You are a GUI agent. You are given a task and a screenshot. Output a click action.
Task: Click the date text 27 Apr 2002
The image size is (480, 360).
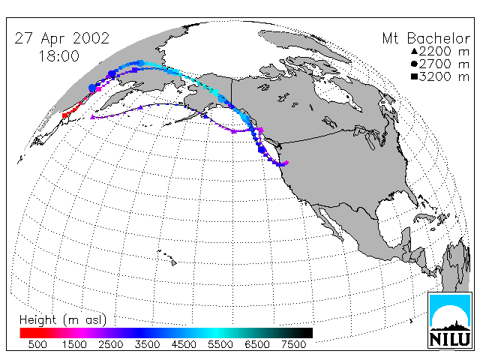[61, 38]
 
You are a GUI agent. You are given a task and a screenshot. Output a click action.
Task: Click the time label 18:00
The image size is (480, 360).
[58, 56]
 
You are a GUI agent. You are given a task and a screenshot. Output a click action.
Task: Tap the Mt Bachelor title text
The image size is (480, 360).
[426, 38]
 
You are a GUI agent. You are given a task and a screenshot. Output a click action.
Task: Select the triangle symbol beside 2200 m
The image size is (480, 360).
[415, 51]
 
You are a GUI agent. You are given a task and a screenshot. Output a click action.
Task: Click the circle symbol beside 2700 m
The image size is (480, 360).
[415, 64]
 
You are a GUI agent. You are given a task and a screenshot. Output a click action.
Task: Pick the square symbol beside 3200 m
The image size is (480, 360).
[415, 76]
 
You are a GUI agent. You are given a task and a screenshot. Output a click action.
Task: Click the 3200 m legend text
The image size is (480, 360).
[444, 76]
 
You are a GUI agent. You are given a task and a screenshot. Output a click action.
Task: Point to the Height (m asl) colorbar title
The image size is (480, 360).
[63, 320]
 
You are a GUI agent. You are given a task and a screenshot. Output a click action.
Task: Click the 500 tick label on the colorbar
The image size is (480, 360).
[37, 344]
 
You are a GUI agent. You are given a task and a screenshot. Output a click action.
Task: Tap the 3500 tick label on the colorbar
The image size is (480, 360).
[147, 344]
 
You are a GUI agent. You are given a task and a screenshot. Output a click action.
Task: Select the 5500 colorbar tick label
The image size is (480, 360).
[220, 344]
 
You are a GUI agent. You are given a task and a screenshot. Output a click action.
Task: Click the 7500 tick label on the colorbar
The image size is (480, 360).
[293, 344]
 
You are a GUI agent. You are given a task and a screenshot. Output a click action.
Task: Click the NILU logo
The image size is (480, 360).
[450, 320]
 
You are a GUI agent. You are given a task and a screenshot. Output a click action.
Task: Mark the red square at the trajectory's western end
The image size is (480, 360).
[64, 115]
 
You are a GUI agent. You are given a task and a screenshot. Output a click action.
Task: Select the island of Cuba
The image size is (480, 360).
[426, 217]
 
